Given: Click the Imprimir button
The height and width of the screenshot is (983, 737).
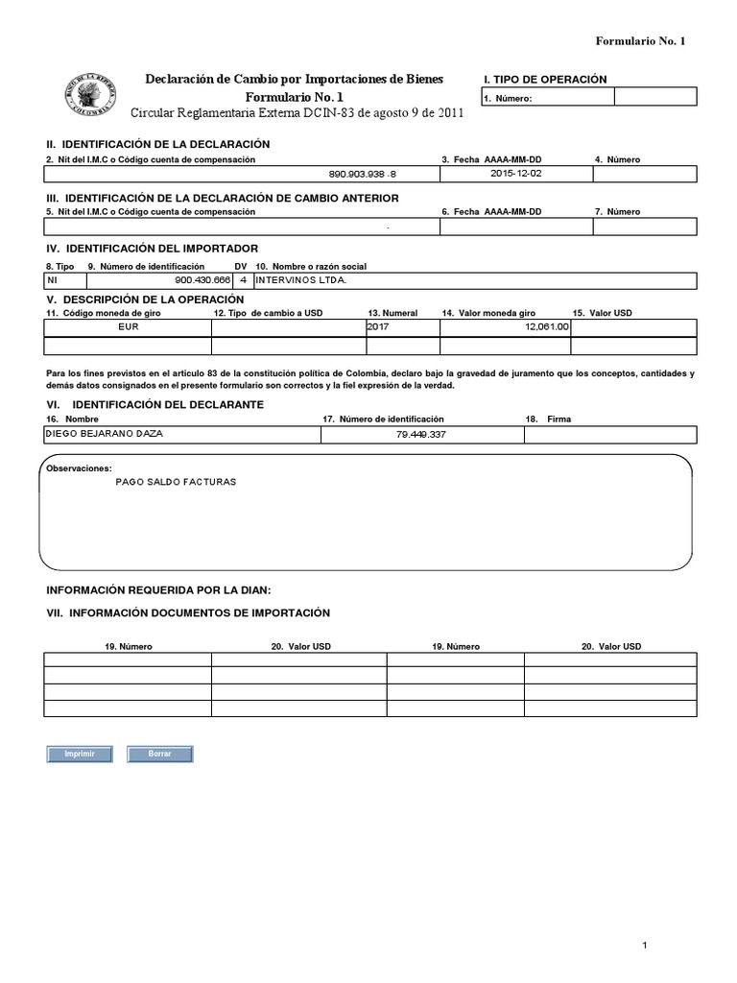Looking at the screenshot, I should click(x=79, y=755).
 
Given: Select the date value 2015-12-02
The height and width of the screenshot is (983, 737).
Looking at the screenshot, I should click(x=515, y=174).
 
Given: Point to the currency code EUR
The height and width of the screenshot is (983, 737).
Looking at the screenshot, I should click(x=128, y=326).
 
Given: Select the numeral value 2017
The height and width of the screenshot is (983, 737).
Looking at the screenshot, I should click(x=380, y=326).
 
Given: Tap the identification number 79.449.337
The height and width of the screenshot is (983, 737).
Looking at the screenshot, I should click(x=422, y=435).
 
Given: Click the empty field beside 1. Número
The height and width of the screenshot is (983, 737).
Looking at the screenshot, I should click(x=655, y=97).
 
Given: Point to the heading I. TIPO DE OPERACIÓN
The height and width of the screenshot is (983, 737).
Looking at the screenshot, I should click(x=545, y=80).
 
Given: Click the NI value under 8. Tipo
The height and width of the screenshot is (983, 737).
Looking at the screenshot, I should click(x=53, y=280).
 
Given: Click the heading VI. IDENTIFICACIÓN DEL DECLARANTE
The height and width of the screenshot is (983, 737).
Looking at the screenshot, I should click(x=155, y=405).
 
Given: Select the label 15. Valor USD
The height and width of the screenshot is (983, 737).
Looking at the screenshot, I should click(x=602, y=313).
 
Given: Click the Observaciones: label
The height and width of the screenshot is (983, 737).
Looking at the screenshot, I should click(x=79, y=468).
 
